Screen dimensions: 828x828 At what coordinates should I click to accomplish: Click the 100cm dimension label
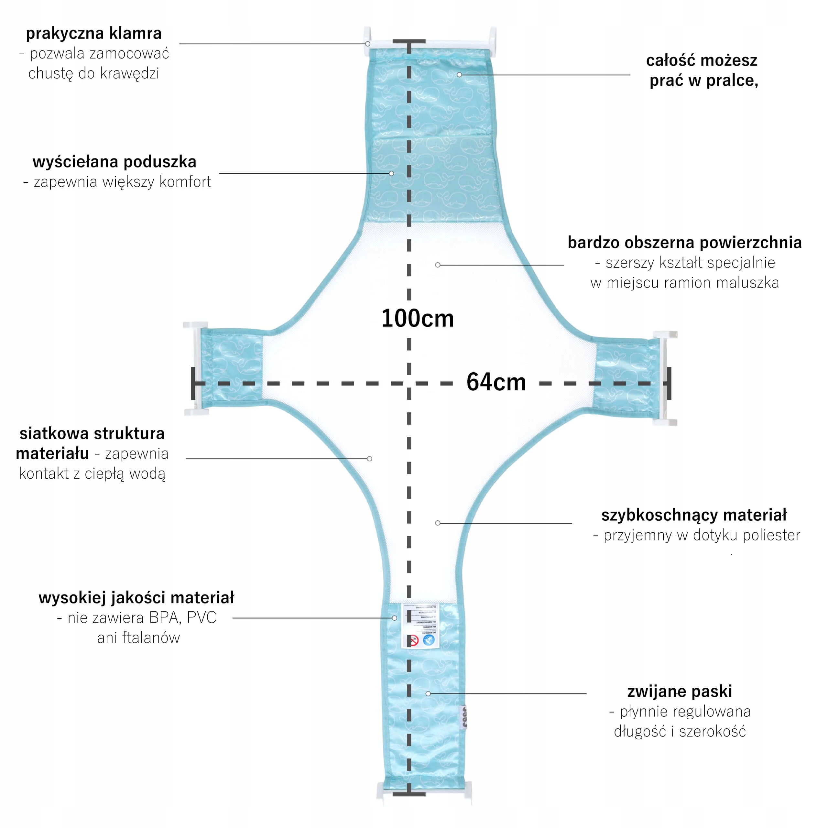click(x=418, y=319)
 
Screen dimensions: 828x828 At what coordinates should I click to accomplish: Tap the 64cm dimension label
click(x=496, y=382)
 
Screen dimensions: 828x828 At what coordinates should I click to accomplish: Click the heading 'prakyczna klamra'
click(x=93, y=33)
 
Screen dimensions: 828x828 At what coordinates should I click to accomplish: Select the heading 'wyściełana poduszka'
click(x=114, y=162)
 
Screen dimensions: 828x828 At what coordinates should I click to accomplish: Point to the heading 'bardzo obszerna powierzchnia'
click(x=684, y=243)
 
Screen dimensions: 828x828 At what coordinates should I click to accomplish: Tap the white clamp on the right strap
click(x=664, y=378)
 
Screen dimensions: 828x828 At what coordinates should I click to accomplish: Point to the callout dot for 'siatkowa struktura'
click(x=369, y=459)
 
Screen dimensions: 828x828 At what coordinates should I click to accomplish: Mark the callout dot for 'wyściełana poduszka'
click(x=391, y=174)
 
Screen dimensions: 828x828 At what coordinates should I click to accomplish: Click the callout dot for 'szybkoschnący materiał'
click(x=438, y=523)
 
